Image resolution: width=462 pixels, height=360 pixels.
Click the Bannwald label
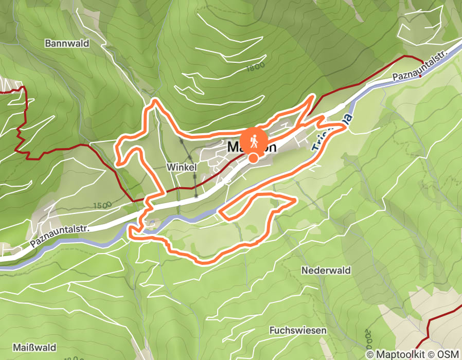pyautogui.click(x=67, y=44)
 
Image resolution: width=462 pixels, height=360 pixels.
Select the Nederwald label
pyautogui.click(x=326, y=271)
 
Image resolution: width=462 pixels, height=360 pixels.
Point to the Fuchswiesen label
pyautogui.click(x=298, y=330)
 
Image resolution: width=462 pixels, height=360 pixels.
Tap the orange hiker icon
pyautogui.click(x=254, y=139)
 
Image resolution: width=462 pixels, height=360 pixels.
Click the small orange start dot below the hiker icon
pyautogui.click(x=254, y=158)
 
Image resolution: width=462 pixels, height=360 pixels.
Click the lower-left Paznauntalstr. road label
pyautogui.click(x=60, y=237)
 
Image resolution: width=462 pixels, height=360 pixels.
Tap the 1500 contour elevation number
pyautogui.click(x=102, y=206)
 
